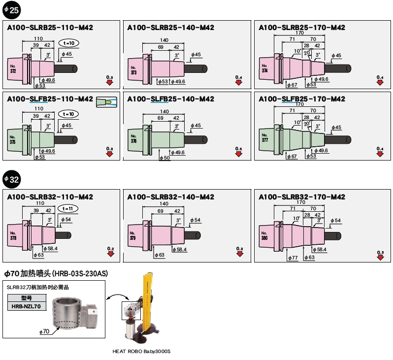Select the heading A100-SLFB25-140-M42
170,99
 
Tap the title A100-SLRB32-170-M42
302,197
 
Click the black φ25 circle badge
11,9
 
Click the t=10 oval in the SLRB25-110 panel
68,43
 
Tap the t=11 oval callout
68,209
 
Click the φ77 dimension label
292,258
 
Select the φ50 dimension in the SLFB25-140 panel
164,158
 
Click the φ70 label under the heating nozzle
44,332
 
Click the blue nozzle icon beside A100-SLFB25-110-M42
107,101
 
